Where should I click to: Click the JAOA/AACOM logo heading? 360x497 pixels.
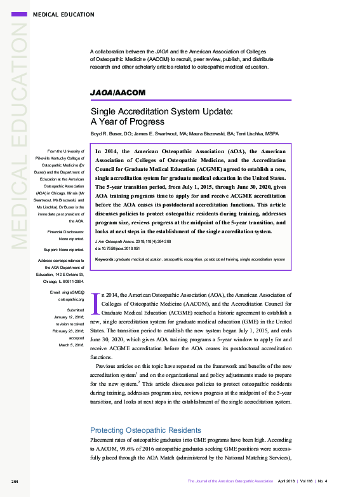(x=119, y=93)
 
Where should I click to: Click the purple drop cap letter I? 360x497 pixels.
(x=96, y=303)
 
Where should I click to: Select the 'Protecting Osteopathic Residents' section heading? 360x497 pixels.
(x=145, y=430)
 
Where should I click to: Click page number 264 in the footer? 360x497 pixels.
(x=15, y=481)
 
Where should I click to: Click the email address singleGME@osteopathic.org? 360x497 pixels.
(x=67, y=294)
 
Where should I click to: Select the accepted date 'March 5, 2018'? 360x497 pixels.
(x=71, y=345)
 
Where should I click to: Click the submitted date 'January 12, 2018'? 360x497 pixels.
(x=67, y=317)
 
